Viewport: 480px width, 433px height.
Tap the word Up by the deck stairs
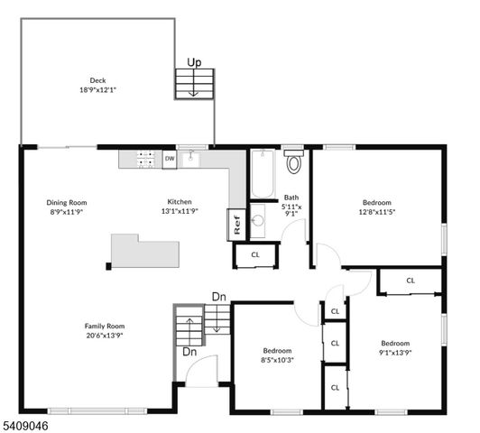[193, 62]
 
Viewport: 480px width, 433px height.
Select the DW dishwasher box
[170, 159]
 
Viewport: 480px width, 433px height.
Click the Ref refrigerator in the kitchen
[236, 225]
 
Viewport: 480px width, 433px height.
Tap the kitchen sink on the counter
[191, 160]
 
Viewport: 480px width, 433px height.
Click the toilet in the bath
[293, 163]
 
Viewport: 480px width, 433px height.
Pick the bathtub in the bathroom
[262, 175]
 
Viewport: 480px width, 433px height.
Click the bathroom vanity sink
[257, 220]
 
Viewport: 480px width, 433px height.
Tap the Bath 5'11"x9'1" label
[291, 206]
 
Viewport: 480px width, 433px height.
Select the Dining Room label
[67, 207]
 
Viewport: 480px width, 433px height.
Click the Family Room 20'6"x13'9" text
[105, 330]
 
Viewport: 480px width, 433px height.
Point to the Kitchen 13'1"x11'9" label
[179, 207]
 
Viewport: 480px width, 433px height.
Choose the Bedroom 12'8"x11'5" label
[377, 207]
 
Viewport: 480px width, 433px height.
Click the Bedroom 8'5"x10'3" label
[277, 355]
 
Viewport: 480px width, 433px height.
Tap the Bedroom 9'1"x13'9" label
[394, 347]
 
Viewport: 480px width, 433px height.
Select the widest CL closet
[410, 281]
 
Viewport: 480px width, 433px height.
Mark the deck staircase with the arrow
[194, 84]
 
